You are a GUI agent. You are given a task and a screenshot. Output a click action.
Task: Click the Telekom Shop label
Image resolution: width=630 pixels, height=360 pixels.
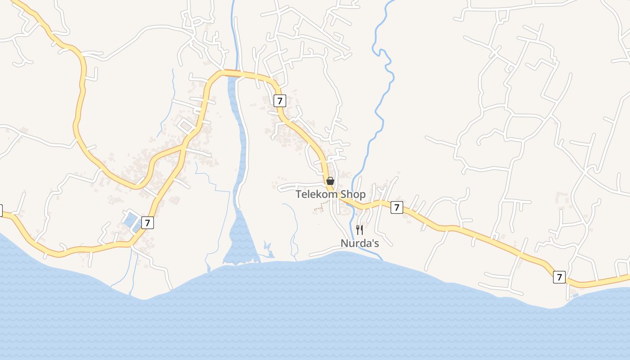(330, 194)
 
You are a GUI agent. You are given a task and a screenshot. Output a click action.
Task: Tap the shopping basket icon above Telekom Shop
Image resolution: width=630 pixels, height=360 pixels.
(330, 181)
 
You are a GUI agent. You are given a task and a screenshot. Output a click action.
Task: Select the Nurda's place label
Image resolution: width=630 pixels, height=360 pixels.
(360, 243)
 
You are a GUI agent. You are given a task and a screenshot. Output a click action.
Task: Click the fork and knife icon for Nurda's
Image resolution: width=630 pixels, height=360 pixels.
(360, 230)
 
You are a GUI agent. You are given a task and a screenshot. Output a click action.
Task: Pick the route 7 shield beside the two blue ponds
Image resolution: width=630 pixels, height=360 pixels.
(147, 222)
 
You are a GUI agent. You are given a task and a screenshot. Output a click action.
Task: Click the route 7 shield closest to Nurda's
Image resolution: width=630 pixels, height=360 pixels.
(396, 207)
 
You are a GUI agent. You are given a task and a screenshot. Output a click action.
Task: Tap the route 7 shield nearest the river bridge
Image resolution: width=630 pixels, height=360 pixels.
(279, 101)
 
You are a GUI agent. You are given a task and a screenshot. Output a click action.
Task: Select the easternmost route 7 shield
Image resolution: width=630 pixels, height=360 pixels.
(559, 277)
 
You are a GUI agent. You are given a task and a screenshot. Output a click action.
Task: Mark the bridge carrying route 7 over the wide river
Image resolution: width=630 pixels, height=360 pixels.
(232, 73)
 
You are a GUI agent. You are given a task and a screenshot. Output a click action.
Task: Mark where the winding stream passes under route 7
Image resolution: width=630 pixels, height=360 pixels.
(352, 203)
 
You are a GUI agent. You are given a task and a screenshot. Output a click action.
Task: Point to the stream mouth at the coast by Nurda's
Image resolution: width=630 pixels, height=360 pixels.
(381, 258)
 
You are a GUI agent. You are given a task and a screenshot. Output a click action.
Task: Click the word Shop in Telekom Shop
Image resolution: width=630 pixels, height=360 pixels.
(353, 194)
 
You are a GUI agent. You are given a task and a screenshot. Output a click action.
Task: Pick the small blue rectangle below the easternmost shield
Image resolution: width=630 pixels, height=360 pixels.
(576, 295)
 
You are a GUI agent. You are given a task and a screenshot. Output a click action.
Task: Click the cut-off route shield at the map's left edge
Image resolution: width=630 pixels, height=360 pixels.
(1, 210)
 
